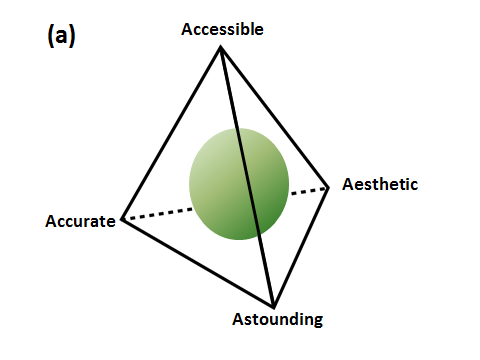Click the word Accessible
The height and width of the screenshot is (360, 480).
pos(222,29)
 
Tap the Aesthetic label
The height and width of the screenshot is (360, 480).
pos(380,184)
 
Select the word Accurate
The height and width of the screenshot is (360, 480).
pos(80,221)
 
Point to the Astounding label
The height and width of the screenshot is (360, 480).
pos(278,320)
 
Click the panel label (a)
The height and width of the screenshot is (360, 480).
pos(61,36)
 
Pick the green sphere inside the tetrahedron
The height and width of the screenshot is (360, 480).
pos(239,184)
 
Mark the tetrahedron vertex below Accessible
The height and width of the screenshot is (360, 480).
pos(220,48)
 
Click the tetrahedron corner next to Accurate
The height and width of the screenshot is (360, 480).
pos(123,219)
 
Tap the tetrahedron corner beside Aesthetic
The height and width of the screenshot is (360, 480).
pos(328,188)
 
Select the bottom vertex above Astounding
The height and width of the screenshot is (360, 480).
pos(273,306)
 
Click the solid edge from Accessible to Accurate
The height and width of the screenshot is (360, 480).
pos(171,133)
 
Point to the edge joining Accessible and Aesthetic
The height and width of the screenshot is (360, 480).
pos(274,118)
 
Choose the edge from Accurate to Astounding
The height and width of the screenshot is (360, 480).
pos(198,263)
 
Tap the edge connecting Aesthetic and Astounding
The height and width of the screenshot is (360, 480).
pos(301,247)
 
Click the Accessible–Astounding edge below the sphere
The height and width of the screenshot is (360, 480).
pos(266,271)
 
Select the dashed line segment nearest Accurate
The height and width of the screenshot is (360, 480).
pos(159,214)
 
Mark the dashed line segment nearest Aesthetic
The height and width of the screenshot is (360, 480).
pos(308,191)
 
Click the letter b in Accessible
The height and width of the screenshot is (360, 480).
pos(245,29)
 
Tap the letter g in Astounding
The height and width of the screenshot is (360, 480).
pos(318,321)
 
